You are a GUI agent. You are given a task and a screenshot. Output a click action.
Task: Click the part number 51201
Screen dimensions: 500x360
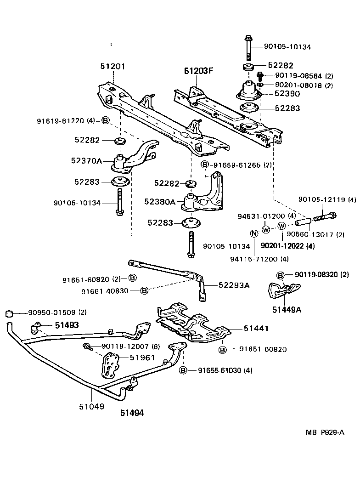pyautogui.click(x=112, y=66)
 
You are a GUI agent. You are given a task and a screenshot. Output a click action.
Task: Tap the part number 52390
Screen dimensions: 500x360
pyautogui.click(x=287, y=94)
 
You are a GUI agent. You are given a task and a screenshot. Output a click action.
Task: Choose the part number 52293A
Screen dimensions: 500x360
pyautogui.click(x=234, y=285)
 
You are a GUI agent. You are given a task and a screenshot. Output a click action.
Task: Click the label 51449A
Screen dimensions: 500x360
pyautogui.click(x=286, y=310)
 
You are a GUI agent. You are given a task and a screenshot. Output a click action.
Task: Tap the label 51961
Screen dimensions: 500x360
pyautogui.click(x=142, y=358)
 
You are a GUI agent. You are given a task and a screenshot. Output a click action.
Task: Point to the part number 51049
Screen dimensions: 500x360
pyautogui.click(x=92, y=406)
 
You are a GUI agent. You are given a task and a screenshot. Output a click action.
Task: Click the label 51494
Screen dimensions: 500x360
pyautogui.click(x=132, y=413)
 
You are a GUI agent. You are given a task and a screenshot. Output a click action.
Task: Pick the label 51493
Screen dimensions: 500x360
pyautogui.click(x=67, y=325)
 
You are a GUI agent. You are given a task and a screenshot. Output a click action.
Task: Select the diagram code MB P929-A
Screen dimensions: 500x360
pyautogui.click(x=325, y=432)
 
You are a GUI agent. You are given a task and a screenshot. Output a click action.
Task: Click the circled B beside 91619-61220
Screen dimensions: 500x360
pyautogui.click(x=105, y=121)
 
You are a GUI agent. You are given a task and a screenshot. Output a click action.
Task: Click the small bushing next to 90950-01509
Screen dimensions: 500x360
pyautogui.click(x=8, y=314)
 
